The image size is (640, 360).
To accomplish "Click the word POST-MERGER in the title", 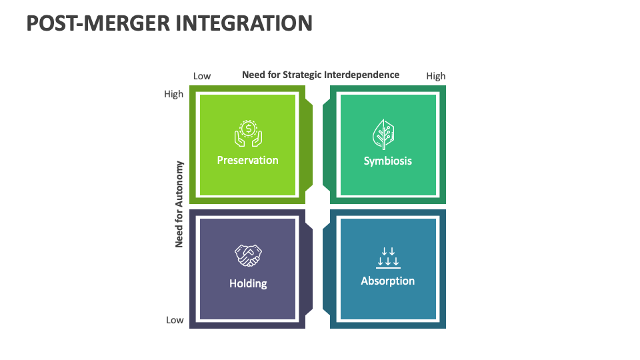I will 97,23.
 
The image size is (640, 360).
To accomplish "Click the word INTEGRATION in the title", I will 243,23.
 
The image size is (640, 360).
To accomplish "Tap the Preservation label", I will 247,160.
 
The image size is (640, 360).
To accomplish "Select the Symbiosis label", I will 387,161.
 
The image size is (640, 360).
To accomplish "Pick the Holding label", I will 248,283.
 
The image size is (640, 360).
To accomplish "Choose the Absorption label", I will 387,281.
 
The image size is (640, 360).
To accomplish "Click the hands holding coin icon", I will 248,133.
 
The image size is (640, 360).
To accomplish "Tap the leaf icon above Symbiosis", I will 383,133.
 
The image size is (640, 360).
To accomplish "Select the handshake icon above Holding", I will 248,255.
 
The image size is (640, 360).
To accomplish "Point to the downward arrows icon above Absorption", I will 387,257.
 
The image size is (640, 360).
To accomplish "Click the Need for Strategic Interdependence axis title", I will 320,75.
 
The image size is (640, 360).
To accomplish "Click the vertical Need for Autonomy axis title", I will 179,204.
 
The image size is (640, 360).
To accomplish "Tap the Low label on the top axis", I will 202,76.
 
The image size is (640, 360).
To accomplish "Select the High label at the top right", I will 435,76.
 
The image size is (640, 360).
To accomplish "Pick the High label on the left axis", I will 173,94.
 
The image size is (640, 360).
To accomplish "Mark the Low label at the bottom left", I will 175,320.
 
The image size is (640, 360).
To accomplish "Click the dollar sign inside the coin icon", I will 248,128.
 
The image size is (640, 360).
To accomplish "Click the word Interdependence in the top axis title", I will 361,75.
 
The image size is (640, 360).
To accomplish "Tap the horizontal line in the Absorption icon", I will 387,267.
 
